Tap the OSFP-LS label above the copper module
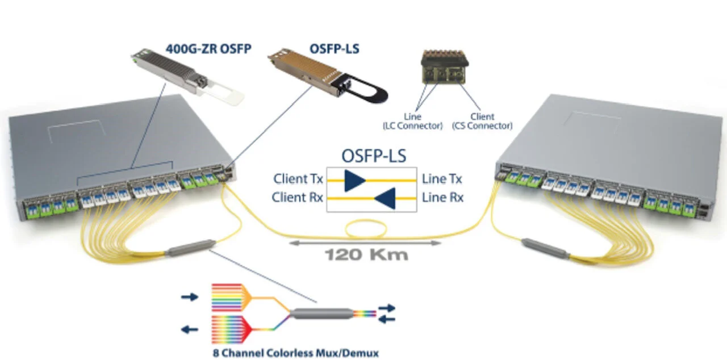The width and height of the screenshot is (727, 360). click(x=334, y=49)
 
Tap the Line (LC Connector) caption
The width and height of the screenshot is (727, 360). click(x=412, y=122)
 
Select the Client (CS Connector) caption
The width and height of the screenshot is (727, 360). click(x=482, y=122)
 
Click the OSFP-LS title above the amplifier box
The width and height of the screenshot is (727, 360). click(x=373, y=156)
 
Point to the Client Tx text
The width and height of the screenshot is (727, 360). click(x=298, y=179)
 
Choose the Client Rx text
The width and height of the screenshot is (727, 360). click(x=298, y=198)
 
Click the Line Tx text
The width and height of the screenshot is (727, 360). click(x=442, y=179)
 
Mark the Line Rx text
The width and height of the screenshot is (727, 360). click(x=442, y=198)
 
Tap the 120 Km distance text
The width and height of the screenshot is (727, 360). click(x=366, y=254)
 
